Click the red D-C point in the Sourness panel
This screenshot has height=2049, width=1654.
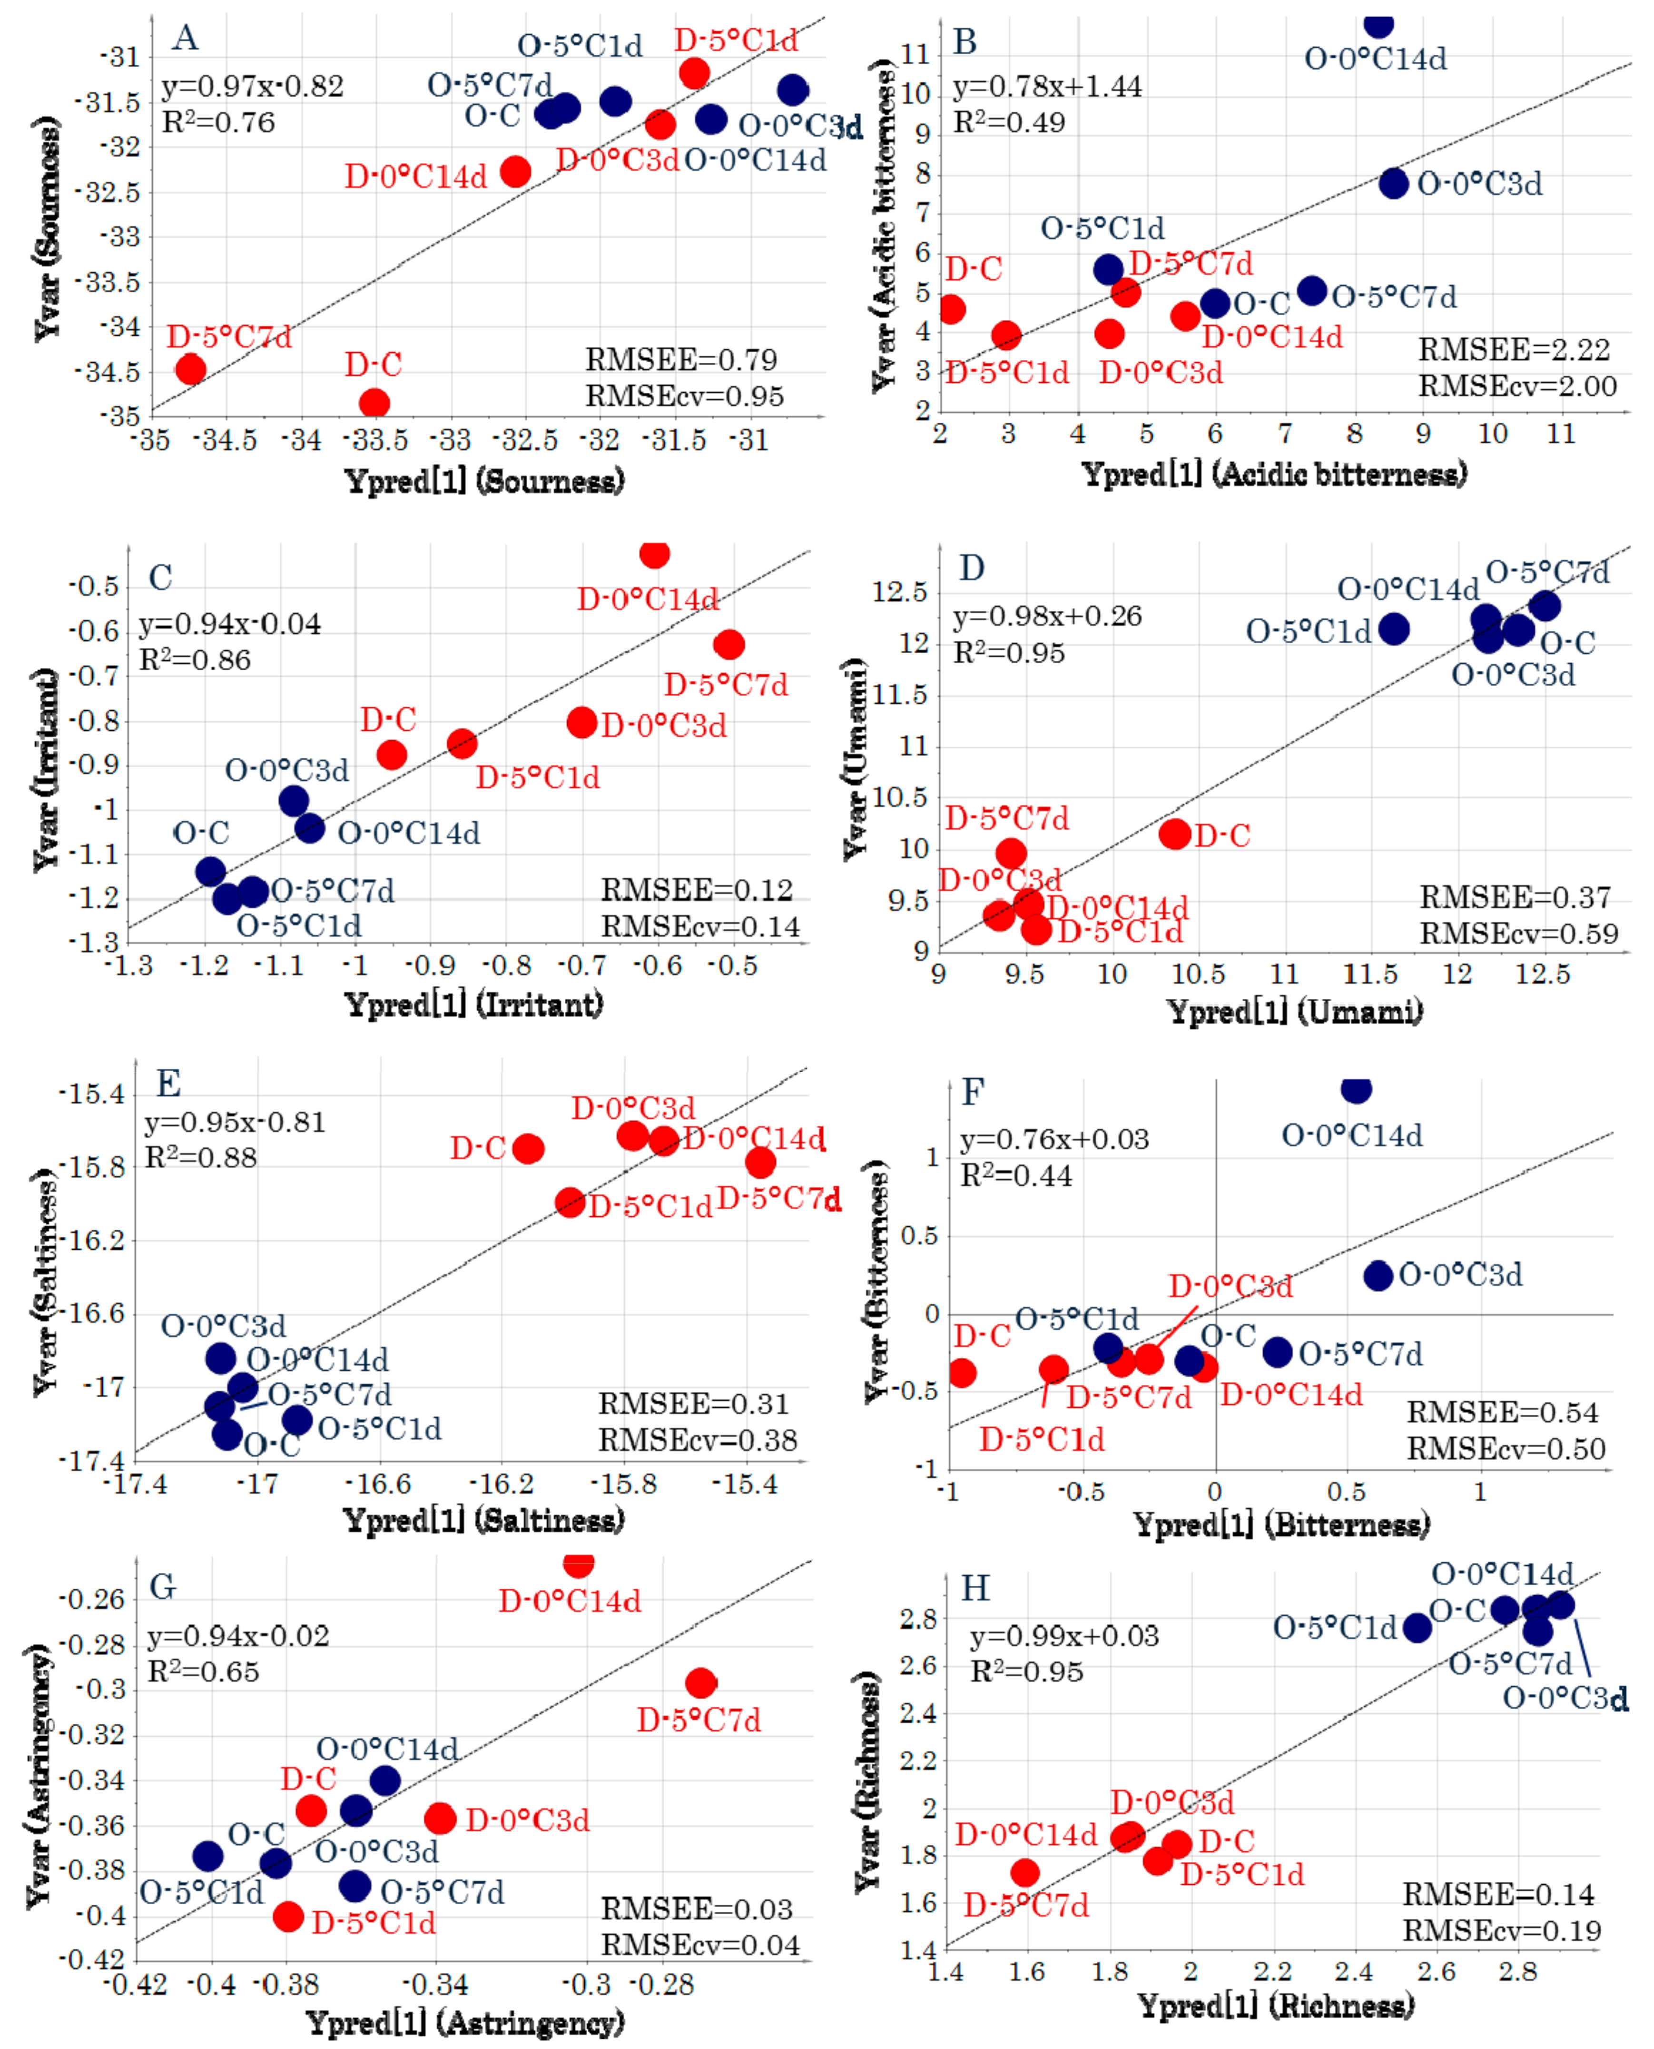[x=374, y=403]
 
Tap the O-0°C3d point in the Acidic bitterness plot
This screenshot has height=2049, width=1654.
[x=1393, y=183]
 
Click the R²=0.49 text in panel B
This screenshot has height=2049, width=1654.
[x=1009, y=122]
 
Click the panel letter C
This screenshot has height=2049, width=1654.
[x=160, y=577]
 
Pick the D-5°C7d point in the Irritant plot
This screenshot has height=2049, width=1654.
[x=729, y=645]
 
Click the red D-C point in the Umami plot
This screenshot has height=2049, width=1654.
[x=1175, y=834]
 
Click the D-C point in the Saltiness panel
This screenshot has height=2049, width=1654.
[x=528, y=1148]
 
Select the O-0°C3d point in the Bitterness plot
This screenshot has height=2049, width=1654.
[x=1378, y=1275]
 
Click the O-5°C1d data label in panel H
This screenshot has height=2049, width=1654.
[x=1334, y=1627]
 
